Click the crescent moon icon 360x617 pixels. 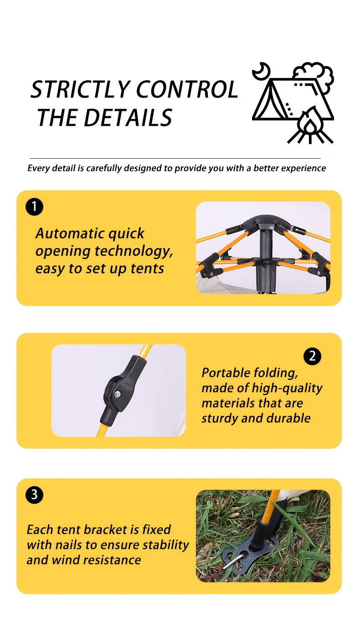[x=262, y=71]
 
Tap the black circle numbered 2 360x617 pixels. [x=313, y=356]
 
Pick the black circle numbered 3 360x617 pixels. [x=34, y=494]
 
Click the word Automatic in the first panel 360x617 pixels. [x=70, y=233]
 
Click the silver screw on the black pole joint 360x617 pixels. [x=117, y=394]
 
